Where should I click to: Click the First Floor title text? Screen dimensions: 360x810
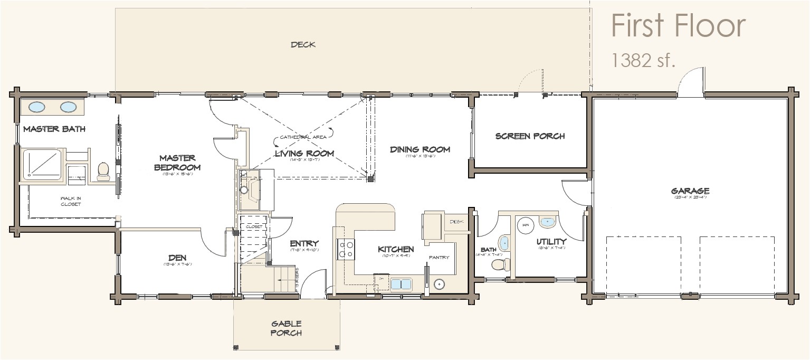[x=678, y=26]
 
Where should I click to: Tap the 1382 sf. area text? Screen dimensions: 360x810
[x=643, y=61]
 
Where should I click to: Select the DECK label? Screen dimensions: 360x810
[x=303, y=45]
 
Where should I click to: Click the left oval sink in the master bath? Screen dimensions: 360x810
[x=36, y=107]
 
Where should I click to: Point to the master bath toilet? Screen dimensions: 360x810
[x=103, y=170]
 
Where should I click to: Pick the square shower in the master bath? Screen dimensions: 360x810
[x=42, y=164]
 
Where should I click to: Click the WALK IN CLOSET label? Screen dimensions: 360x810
[x=70, y=201]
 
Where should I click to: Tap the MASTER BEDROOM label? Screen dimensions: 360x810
[x=178, y=163]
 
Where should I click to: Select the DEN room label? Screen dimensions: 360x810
[x=177, y=258]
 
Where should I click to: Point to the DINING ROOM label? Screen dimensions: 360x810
[x=420, y=149]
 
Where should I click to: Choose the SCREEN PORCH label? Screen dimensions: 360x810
[x=530, y=136]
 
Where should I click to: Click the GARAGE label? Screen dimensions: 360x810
[x=690, y=191]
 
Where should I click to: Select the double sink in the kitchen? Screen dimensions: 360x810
[x=402, y=285]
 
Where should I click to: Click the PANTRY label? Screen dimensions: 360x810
[x=439, y=258]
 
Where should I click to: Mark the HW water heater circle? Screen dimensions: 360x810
[x=526, y=224]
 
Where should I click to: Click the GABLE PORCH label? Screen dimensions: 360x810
[x=287, y=328]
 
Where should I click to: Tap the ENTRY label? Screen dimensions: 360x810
[x=304, y=243]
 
